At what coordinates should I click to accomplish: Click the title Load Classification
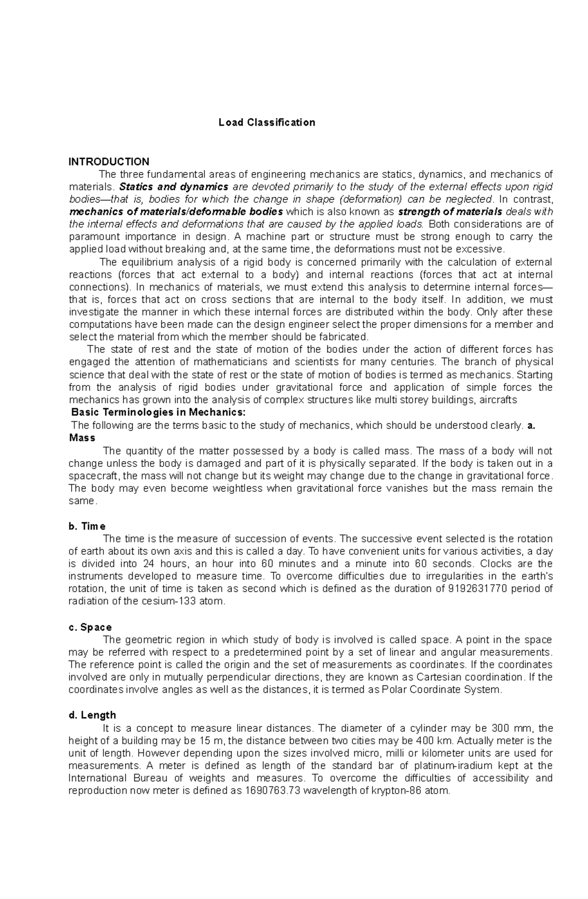267,122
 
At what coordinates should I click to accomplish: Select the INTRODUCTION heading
109,162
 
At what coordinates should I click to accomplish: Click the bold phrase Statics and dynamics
174,187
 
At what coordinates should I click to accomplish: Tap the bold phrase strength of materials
450,212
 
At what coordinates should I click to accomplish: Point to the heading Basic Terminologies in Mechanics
158,413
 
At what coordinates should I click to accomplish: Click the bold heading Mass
82,437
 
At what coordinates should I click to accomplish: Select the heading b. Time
87,526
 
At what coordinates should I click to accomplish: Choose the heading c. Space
90,627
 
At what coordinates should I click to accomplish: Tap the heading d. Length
92,715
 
